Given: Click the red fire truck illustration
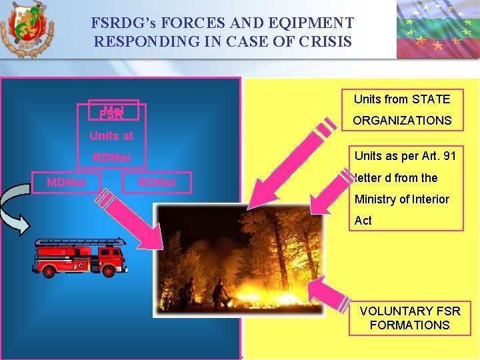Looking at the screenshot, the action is [80, 257].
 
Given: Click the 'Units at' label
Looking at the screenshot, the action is [111, 136].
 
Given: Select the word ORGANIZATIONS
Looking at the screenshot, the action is [402, 121].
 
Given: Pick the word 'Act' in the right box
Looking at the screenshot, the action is [363, 220].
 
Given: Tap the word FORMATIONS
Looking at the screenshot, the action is [409, 325].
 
